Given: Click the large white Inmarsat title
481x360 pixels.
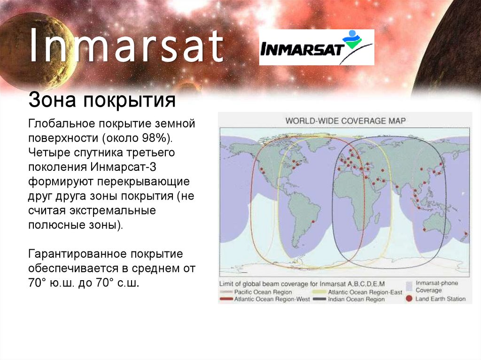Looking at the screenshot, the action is (126, 46).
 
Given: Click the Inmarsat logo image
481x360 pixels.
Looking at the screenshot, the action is (317, 47).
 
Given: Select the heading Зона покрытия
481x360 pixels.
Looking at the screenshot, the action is (102, 100).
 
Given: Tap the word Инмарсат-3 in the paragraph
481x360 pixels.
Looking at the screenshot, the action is (123, 167).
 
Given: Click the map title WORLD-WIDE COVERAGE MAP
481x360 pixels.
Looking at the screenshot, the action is (345, 121).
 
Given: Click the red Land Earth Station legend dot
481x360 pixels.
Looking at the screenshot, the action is (409, 299).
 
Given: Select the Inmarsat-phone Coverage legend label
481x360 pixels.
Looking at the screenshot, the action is (436, 286).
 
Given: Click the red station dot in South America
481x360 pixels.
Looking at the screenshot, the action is (313, 222).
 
